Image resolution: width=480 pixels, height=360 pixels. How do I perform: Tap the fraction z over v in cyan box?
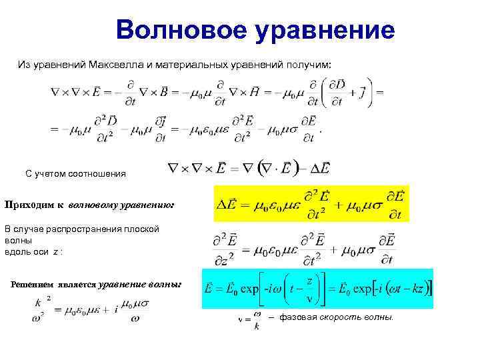click(308, 289)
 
